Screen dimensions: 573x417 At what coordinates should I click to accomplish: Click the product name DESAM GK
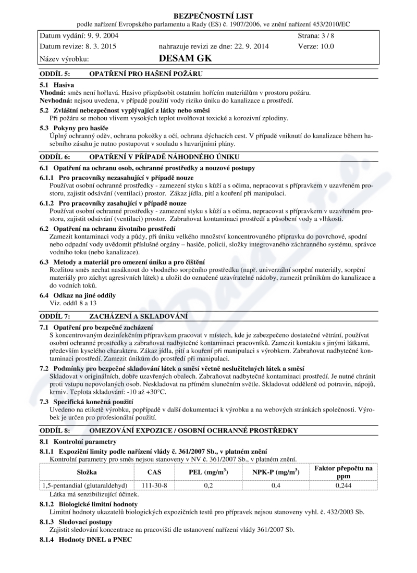point(185,58)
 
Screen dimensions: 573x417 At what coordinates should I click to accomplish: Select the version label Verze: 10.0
point(316,46)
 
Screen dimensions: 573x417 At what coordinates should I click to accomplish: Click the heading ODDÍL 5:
point(55,73)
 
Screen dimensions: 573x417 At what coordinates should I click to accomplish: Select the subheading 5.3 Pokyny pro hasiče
point(74,128)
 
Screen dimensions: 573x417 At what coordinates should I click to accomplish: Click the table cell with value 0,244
point(344,485)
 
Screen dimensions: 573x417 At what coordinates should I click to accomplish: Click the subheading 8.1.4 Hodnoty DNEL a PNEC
point(86,539)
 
